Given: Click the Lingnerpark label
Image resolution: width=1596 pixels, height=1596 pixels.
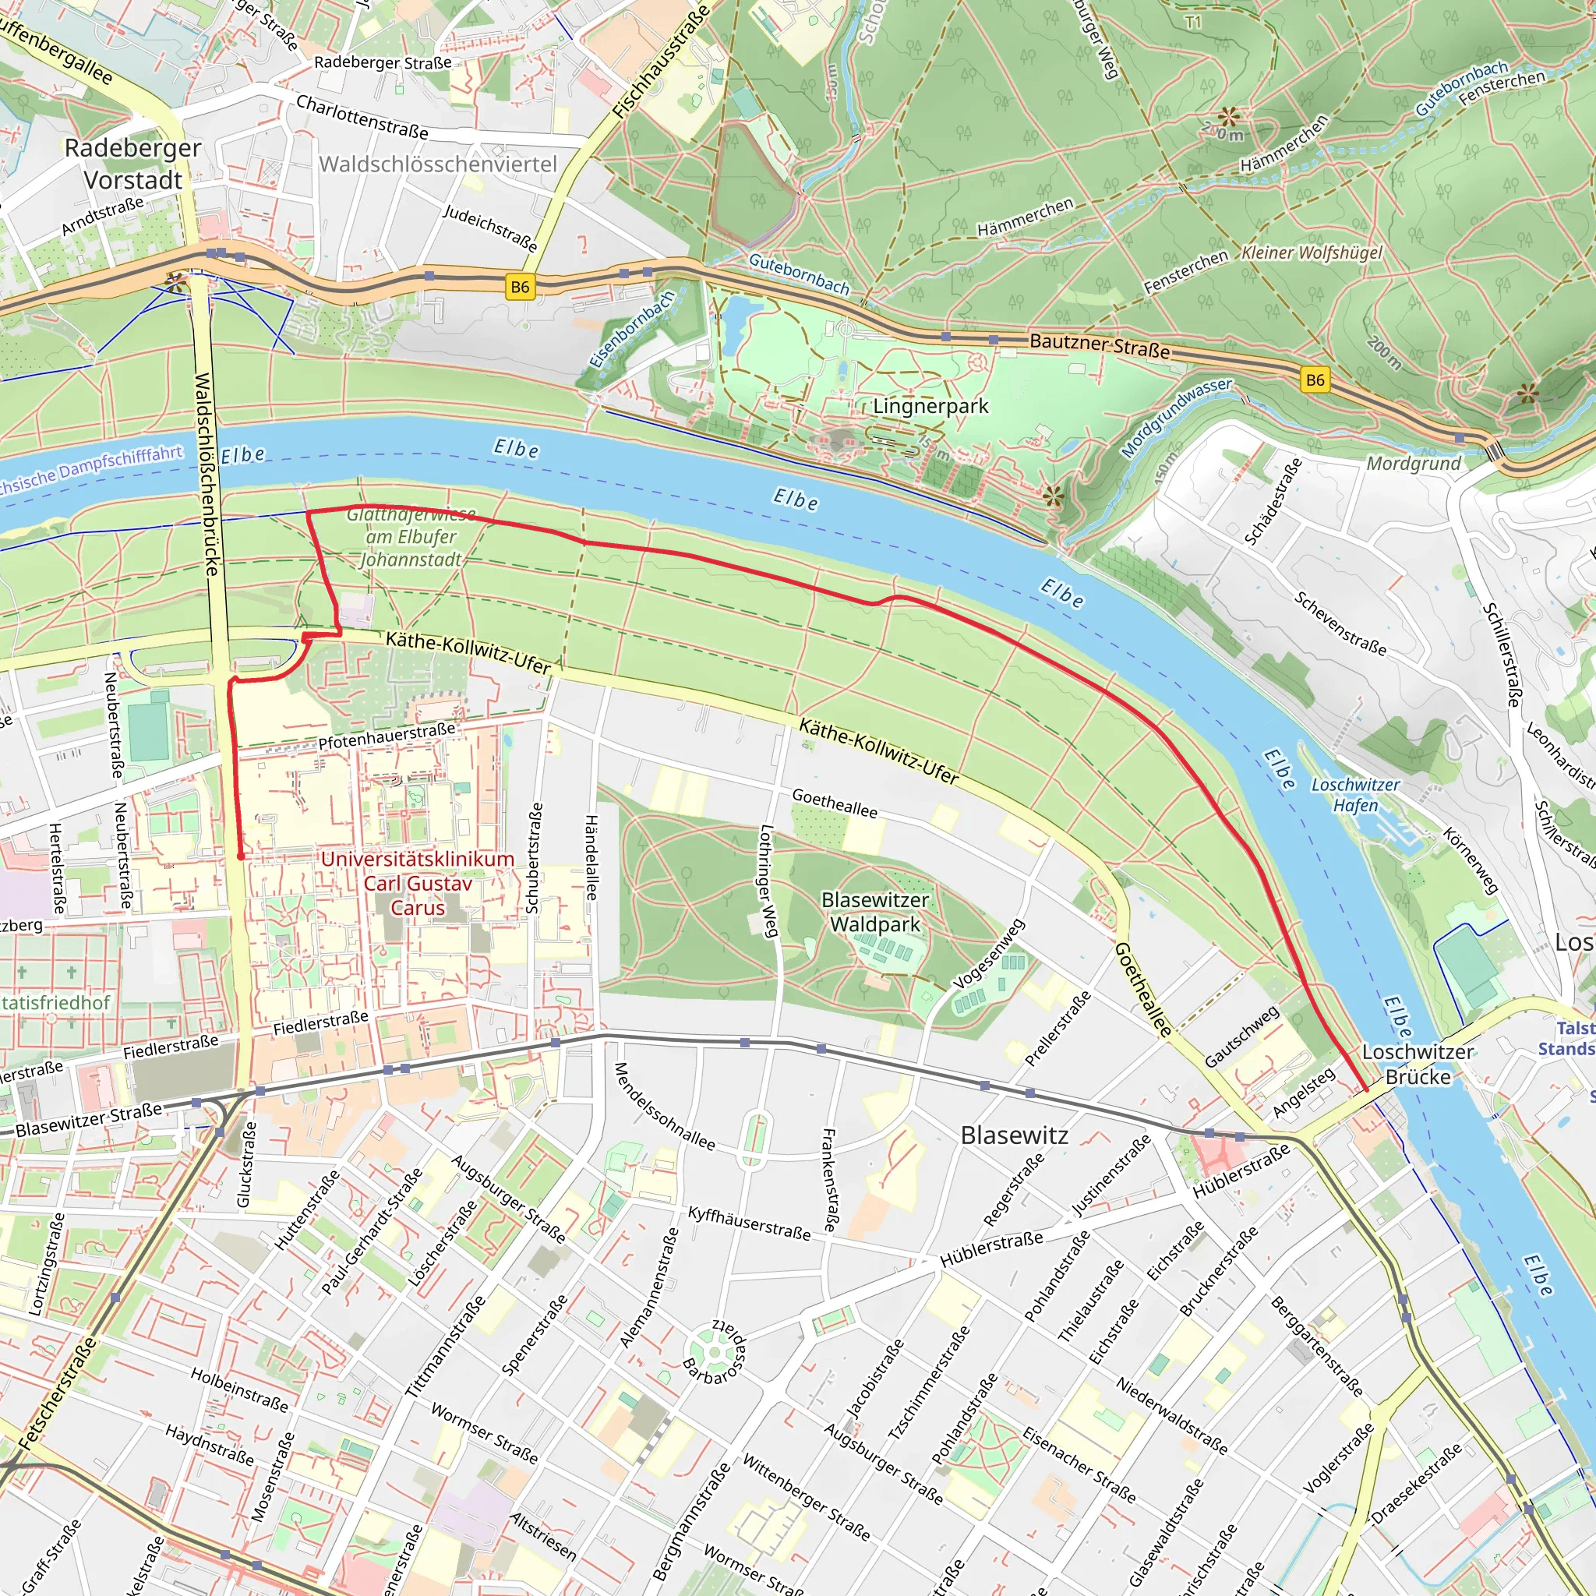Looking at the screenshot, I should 930,407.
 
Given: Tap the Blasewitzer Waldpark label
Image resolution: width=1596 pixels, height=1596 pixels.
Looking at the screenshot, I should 875,912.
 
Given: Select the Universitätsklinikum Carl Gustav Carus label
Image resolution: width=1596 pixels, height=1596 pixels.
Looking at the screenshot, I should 417,883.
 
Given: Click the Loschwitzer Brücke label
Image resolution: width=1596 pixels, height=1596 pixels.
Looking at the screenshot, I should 1418,1064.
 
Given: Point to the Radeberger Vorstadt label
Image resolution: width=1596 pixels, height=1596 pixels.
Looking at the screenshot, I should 133,164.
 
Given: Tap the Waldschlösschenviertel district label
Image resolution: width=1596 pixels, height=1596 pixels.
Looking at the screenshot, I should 438,164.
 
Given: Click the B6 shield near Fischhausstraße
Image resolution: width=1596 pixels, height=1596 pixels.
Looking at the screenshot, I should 520,287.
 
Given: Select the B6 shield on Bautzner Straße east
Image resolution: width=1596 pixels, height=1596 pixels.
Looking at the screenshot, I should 1315,380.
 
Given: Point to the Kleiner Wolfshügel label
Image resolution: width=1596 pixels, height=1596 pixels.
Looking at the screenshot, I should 1311,252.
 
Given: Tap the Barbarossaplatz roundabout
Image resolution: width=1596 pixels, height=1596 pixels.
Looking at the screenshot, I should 715,1352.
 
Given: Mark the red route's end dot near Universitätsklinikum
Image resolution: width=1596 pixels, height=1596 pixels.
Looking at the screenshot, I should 240,856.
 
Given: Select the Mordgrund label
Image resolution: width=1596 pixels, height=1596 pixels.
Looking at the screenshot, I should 1414,464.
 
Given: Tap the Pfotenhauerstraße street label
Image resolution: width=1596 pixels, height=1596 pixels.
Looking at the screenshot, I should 387,735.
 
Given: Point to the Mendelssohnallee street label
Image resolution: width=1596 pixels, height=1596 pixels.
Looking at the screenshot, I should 663,1106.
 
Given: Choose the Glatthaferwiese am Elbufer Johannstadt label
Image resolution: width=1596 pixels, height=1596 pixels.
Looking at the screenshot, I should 411,537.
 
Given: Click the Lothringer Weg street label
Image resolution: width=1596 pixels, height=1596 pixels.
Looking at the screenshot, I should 768,881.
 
